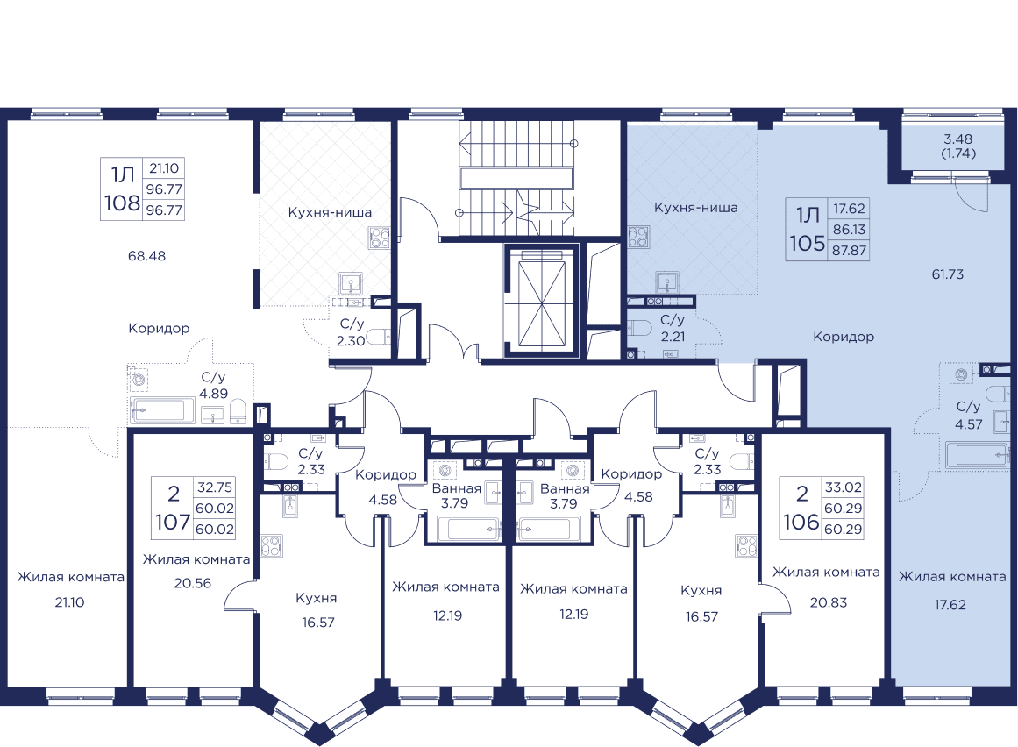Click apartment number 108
point(121,204)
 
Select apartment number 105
point(808,244)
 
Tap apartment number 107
point(172,523)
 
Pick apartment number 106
point(801,523)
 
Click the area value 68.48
point(146,257)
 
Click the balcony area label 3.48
point(958,139)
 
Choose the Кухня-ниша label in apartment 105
point(695,208)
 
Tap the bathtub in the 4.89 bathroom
point(162,409)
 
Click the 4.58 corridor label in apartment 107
point(384,501)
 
